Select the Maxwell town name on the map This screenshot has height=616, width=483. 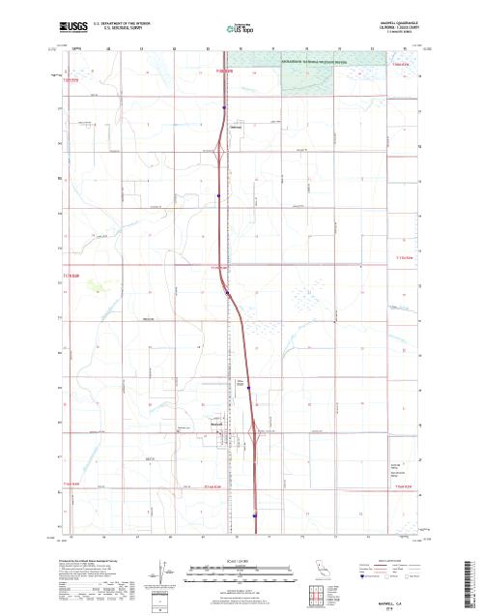pos(218,422)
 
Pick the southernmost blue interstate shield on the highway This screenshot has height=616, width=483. pos(253,515)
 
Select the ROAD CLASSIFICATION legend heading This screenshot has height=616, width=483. pos(399,559)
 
